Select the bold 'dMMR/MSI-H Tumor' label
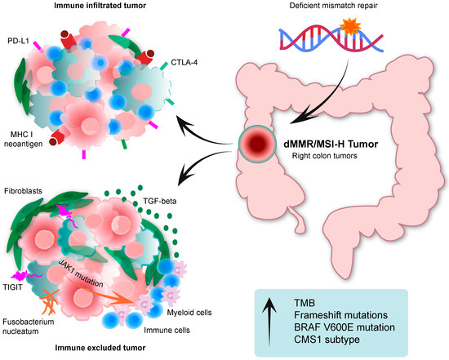point(329,144)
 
